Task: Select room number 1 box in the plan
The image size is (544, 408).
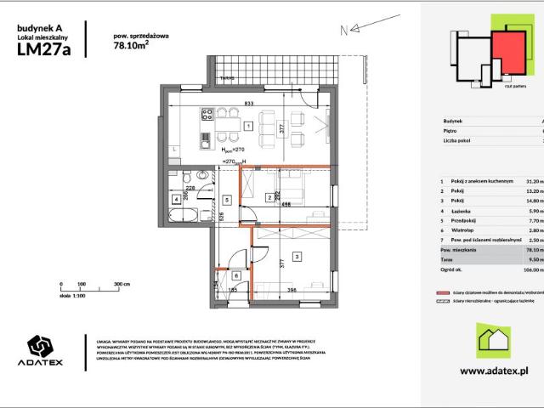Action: pos(247,126)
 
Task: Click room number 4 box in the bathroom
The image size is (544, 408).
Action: pos(176,200)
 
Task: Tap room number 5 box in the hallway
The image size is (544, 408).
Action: pos(227,200)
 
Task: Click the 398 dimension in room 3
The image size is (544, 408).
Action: pos(292,291)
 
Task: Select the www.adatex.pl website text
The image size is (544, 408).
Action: pos(494,371)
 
